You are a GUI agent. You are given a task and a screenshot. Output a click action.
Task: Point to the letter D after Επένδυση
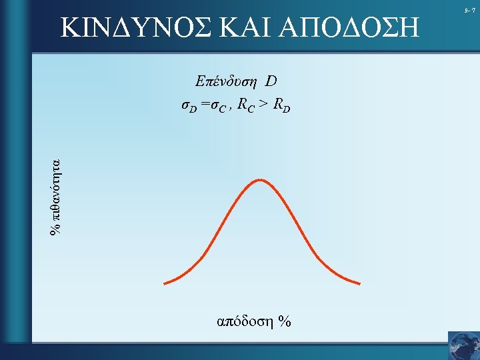(x=271, y=82)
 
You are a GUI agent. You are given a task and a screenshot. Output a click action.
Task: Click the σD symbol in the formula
(x=189, y=106)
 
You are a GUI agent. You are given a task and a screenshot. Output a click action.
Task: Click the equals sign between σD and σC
(x=205, y=105)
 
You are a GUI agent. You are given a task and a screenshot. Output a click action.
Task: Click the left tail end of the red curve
(x=165, y=283)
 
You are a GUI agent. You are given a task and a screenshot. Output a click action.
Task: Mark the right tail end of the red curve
(x=359, y=283)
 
